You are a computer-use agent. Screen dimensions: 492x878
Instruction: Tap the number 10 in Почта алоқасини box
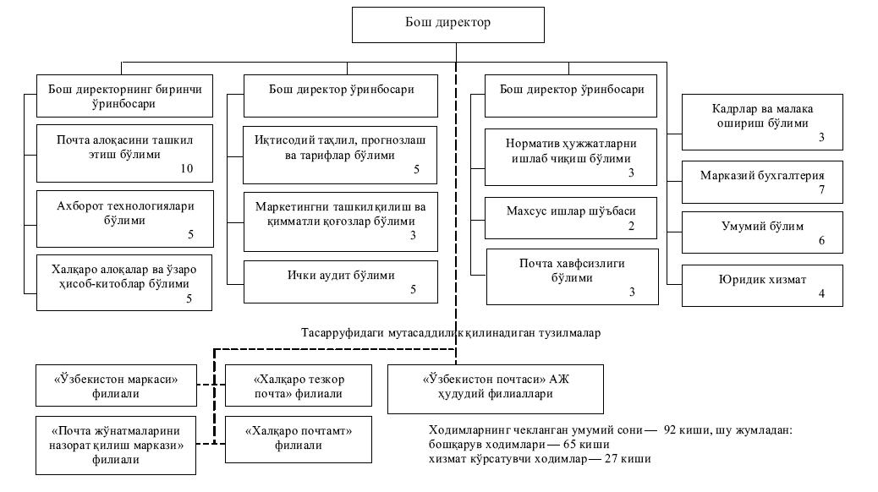[x=187, y=169]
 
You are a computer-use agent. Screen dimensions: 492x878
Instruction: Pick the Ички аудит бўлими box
[x=341, y=282]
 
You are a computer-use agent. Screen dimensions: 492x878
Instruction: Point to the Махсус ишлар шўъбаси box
[x=572, y=218]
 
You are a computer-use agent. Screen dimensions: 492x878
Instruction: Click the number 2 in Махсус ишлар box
[x=631, y=227]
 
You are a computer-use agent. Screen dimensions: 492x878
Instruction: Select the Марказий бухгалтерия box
[x=762, y=181]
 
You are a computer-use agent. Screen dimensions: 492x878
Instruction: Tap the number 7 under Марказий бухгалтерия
[x=820, y=191]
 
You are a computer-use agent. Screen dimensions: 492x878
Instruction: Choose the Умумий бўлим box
[x=762, y=232]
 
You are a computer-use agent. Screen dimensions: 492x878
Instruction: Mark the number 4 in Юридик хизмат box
[x=820, y=294]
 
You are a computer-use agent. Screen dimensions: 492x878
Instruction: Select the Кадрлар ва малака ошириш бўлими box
[x=762, y=120]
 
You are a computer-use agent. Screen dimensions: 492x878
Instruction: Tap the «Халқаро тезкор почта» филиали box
[x=299, y=385]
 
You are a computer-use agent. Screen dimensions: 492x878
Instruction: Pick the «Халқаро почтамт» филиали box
[x=299, y=438]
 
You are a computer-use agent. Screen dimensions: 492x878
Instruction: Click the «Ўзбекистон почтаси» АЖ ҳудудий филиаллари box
[x=496, y=387]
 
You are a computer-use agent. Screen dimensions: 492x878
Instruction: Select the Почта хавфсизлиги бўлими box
[x=572, y=276]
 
